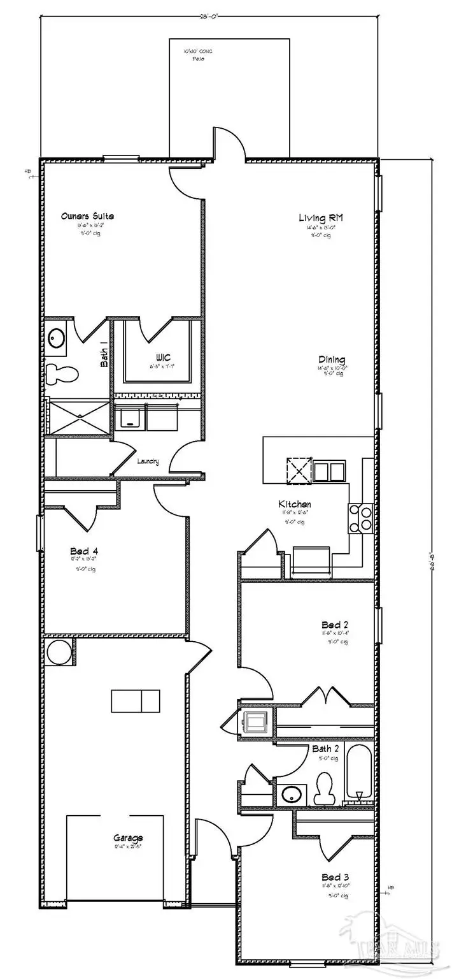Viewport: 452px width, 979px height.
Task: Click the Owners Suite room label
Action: pyautogui.click(x=88, y=216)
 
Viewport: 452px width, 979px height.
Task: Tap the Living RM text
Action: pyautogui.click(x=321, y=219)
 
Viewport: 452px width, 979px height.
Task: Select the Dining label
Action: pyautogui.click(x=329, y=360)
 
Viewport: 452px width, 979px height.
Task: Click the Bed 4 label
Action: pyautogui.click(x=83, y=551)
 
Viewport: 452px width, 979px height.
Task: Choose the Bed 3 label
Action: pyautogui.click(x=330, y=876)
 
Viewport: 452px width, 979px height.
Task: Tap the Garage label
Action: pyautogui.click(x=129, y=838)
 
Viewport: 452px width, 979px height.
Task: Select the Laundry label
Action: pyautogui.click(x=147, y=461)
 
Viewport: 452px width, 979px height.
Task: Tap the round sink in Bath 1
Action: pyautogui.click(x=56, y=337)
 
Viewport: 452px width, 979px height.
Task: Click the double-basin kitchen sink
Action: pyautogui.click(x=329, y=472)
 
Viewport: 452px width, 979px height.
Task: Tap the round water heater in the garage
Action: pyautogui.click(x=59, y=653)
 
